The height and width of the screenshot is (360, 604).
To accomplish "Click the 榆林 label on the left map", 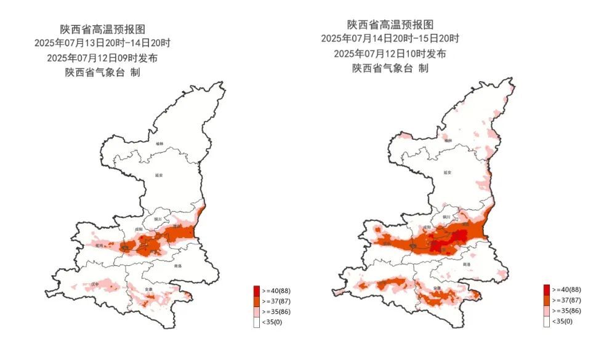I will click(160, 143).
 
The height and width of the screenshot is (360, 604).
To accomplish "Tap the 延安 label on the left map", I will click(158, 175).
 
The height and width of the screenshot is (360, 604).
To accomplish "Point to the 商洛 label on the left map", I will click(178, 266).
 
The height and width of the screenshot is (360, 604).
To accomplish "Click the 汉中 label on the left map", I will click(94, 284).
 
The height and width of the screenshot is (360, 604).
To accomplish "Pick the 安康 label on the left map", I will click(148, 289).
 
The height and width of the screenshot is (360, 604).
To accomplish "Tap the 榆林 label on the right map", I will click(448, 141).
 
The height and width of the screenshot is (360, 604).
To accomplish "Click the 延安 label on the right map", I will click(447, 173).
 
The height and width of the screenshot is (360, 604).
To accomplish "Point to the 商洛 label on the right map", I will click(467, 264).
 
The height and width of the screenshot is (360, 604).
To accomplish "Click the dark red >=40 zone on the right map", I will click(440, 246).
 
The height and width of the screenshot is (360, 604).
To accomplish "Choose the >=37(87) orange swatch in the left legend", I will click(256, 301).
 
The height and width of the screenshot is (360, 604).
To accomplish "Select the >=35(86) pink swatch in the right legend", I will click(546, 311).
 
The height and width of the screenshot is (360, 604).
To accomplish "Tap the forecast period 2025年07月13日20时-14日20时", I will click(103, 43).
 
